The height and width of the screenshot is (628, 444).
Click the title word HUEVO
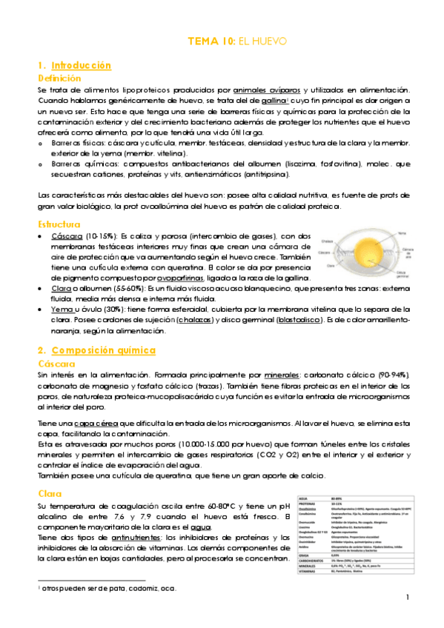pyautogui.click(x=269, y=41)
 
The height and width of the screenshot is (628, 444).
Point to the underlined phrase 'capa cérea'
pyautogui.click(x=87, y=422)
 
